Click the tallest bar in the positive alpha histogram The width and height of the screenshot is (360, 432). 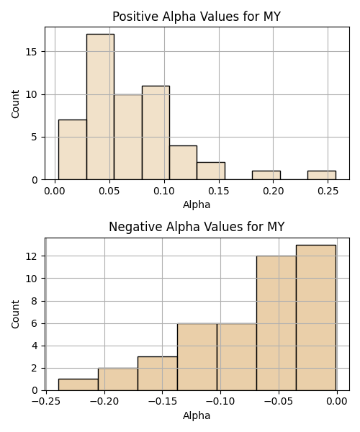click(x=100, y=107)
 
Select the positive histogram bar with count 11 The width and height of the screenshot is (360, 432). click(x=156, y=132)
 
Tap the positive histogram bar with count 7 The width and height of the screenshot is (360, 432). click(x=73, y=150)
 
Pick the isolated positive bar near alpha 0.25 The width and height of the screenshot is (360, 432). click(x=322, y=175)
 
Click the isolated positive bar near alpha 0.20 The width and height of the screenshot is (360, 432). click(x=266, y=175)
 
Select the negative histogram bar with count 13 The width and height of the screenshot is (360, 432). click(x=316, y=318)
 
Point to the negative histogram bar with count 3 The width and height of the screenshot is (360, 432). click(x=158, y=374)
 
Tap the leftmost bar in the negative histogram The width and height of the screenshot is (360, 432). click(x=78, y=384)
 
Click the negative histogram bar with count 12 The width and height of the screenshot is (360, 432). click(x=276, y=323)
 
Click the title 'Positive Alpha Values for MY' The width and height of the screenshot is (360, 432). click(x=197, y=17)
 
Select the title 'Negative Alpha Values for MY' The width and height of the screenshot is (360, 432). click(x=197, y=227)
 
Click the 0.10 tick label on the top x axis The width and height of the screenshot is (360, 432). click(x=164, y=191)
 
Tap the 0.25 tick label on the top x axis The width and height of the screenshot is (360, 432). click(x=328, y=191)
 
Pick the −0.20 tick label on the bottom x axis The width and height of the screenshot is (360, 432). click(x=104, y=402)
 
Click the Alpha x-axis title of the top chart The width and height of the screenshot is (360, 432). click(x=197, y=204)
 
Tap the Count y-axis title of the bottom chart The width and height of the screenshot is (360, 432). click(x=15, y=314)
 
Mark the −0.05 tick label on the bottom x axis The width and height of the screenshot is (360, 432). click(x=278, y=402)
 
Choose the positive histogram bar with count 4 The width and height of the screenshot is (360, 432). click(x=183, y=163)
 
